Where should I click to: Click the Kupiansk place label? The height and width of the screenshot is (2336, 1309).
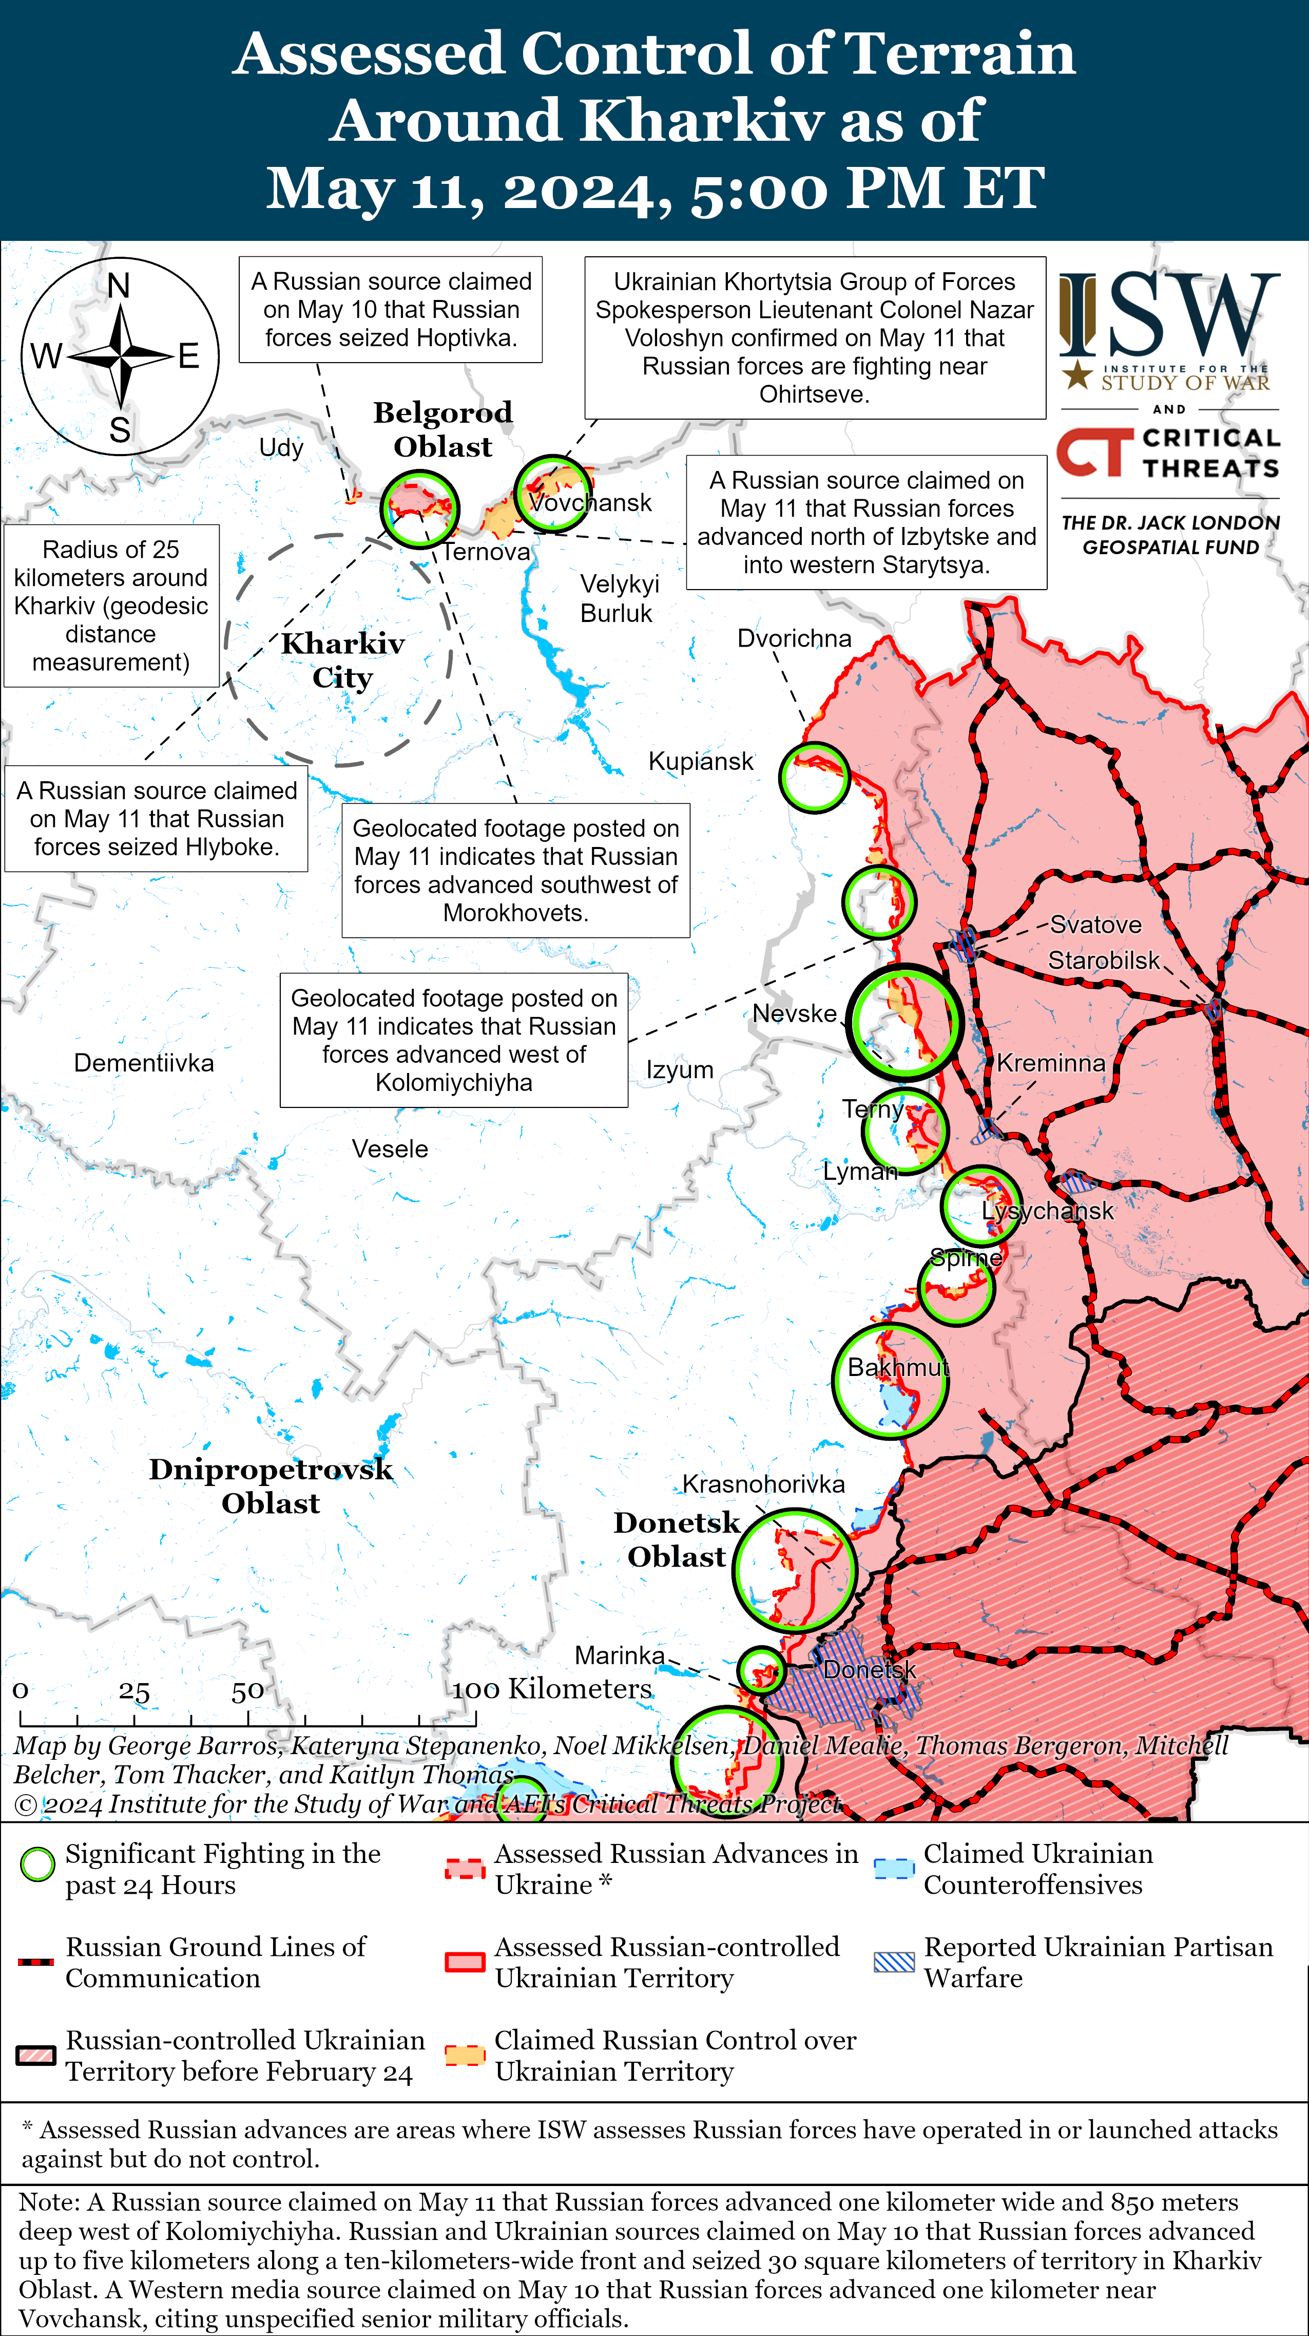click(700, 762)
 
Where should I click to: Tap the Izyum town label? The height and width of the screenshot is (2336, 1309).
click(679, 1070)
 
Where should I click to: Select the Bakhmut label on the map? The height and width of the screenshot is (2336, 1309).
click(897, 1367)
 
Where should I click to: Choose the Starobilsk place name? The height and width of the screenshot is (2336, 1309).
click(1103, 960)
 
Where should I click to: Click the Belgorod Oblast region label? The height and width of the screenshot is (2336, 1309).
click(442, 430)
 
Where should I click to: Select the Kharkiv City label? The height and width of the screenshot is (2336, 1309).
click(343, 660)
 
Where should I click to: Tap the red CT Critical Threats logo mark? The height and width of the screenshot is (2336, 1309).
click(1094, 453)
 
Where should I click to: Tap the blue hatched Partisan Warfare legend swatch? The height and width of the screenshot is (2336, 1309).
click(894, 1963)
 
